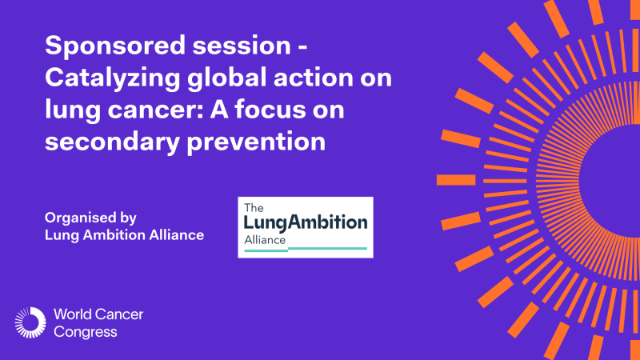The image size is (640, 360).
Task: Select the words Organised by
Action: point(91,218)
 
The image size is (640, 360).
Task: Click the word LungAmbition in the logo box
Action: point(306,222)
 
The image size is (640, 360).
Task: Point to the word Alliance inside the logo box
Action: point(266,238)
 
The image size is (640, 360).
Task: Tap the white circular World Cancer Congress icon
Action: point(30,322)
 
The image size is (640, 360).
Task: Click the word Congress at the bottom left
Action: point(86,330)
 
